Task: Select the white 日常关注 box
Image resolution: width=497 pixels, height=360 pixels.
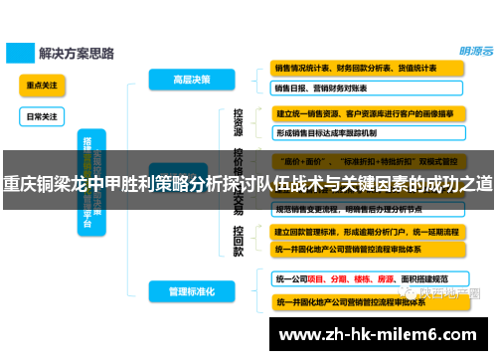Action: pyautogui.click(x=42, y=115)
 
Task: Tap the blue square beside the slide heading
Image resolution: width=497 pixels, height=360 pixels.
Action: pyautogui.click(x=17, y=50)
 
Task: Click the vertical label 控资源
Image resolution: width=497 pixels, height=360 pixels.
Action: pyautogui.click(x=239, y=122)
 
